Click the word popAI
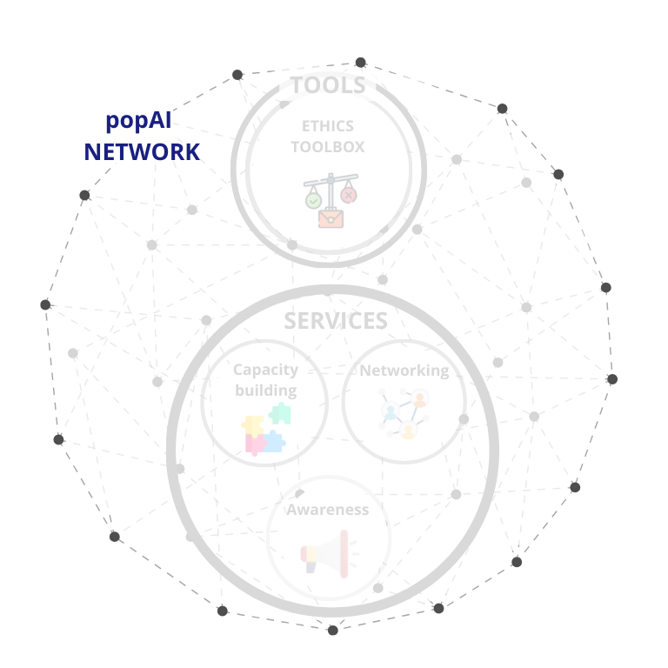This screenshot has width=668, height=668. click(x=138, y=121)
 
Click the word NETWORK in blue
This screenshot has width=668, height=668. click(x=142, y=152)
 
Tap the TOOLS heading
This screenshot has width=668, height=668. click(x=329, y=85)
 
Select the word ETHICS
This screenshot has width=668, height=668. click(x=328, y=126)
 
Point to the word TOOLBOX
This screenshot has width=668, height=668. click(x=328, y=147)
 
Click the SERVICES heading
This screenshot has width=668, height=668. click(x=336, y=321)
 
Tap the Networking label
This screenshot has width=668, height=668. click(x=404, y=371)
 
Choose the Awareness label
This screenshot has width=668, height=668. click(x=327, y=510)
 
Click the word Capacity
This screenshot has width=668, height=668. click(x=265, y=370)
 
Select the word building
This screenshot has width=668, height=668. click(x=266, y=391)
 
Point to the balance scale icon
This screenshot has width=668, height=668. click(x=331, y=200)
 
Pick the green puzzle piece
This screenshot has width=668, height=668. click(x=280, y=413)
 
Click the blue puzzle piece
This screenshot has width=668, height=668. click(x=274, y=441)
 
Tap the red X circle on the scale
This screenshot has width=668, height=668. click(x=349, y=196)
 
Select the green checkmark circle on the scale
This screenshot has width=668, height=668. click(x=313, y=200)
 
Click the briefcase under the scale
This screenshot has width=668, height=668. click(x=331, y=217)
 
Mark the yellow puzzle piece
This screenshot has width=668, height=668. click(x=252, y=426)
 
